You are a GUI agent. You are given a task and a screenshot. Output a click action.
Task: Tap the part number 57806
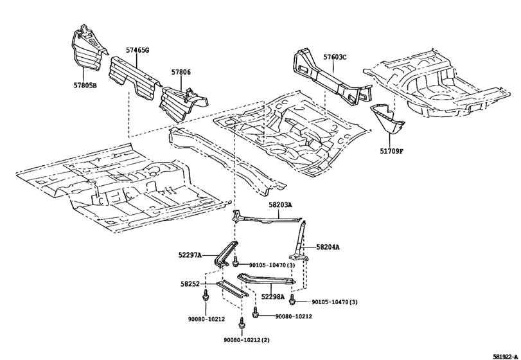click(x=181, y=74)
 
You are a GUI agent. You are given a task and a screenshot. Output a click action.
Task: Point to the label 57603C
click(x=335, y=57)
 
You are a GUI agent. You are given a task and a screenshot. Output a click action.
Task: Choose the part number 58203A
click(x=280, y=204)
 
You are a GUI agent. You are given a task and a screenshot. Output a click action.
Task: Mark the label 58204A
click(x=328, y=247)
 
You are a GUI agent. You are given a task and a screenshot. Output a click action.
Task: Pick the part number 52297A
click(x=191, y=255)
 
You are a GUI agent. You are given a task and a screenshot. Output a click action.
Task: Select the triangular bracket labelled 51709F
click(x=387, y=120)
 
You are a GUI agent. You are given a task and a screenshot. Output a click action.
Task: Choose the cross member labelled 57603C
click(x=328, y=77)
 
